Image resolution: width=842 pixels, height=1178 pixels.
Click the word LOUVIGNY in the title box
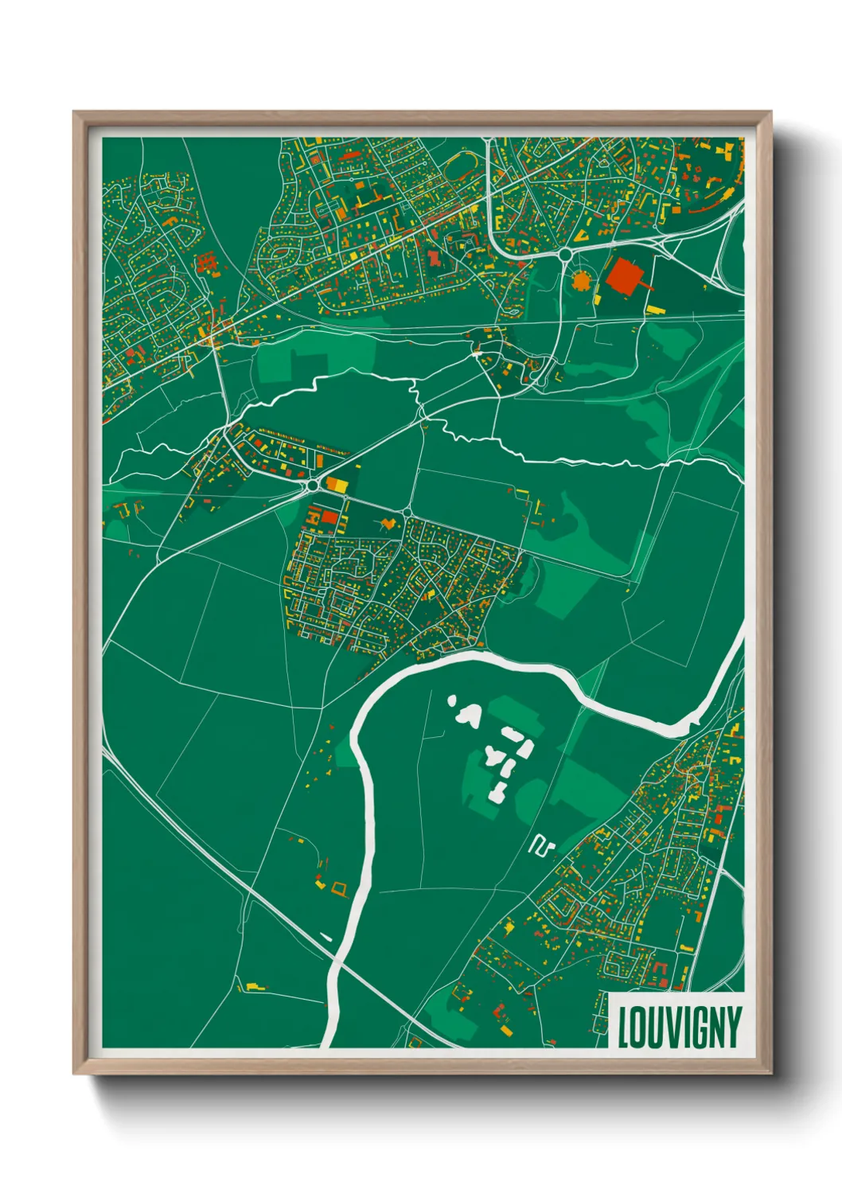[679, 1028]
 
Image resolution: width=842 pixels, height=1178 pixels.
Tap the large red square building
[626, 276]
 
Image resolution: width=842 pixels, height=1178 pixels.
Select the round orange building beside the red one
[582, 280]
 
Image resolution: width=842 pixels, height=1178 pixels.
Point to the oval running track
[460, 169]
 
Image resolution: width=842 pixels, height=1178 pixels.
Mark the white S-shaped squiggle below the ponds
[542, 845]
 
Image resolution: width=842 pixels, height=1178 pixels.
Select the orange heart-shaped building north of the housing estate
[388, 523]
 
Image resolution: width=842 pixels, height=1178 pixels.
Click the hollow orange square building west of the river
[340, 889]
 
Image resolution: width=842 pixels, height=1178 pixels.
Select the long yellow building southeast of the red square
[656, 310]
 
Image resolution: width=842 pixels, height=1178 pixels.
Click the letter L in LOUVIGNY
[625, 1028]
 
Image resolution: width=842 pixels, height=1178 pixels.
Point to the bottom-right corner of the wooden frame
[770, 1072]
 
